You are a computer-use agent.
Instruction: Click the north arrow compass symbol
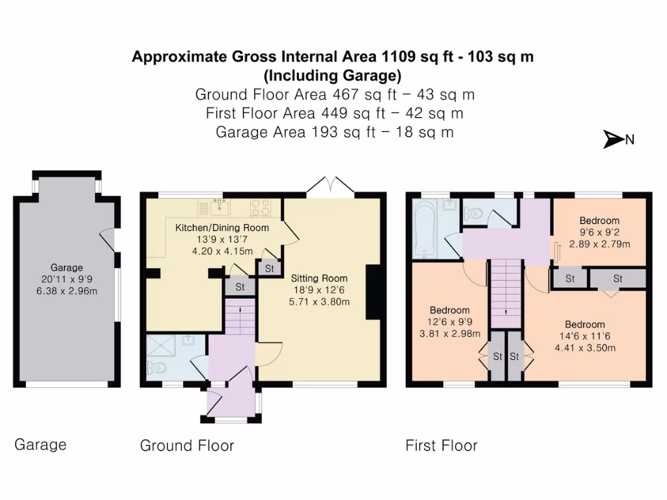pyautogui.click(x=613, y=139)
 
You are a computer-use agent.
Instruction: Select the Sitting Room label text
pyautogui.click(x=319, y=278)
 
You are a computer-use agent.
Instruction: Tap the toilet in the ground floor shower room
pyautogui.click(x=158, y=368)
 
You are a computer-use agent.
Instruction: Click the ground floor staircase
pyautogui.click(x=240, y=320)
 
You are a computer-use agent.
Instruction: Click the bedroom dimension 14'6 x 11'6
pyautogui.click(x=584, y=337)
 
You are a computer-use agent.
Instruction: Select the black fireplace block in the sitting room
pyautogui.click(x=374, y=292)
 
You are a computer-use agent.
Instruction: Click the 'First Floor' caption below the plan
pyautogui.click(x=441, y=446)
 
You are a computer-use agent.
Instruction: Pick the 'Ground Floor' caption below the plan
pyautogui.click(x=187, y=446)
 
